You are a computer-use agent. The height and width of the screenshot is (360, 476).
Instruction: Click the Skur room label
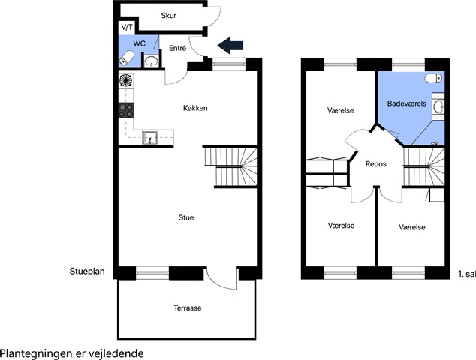pyautogui.click(x=168, y=16)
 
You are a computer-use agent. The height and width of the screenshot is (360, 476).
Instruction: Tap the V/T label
pyautogui.click(x=127, y=27)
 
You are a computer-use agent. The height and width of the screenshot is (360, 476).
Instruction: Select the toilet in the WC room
pyautogui.click(x=127, y=58)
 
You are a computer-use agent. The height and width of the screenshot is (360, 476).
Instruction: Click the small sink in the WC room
pyautogui.click(x=151, y=61)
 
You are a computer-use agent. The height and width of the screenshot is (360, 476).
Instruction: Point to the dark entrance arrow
pyautogui.click(x=230, y=46)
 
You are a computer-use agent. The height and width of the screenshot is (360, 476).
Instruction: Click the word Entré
pyautogui.click(x=178, y=48)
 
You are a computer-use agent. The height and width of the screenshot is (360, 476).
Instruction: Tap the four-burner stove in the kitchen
pyautogui.click(x=126, y=110)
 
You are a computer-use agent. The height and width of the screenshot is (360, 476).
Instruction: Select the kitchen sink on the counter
pyautogui.click(x=150, y=138)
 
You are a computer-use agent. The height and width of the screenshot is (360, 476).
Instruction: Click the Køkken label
pyautogui.click(x=195, y=108)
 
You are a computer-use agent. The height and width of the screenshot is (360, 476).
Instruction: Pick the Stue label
pyautogui.click(x=186, y=217)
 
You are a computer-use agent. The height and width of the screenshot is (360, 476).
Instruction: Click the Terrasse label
pyautogui.click(x=187, y=307)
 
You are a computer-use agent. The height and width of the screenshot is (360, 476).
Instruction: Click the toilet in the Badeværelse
pyautogui.click(x=433, y=78)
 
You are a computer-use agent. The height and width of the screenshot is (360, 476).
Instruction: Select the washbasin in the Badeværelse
pyautogui.click(x=438, y=106)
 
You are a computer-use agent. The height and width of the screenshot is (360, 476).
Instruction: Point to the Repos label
pyautogui.click(x=376, y=164)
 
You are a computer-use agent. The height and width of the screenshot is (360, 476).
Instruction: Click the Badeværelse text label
pyautogui.click(x=407, y=103)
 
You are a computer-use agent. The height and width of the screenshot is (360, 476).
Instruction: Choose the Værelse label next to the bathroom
pyautogui.click(x=341, y=110)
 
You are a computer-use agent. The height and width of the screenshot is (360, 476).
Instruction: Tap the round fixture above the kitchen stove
pyautogui.click(x=126, y=81)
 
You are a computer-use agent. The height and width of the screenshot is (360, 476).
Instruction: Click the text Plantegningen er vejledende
pyautogui.click(x=72, y=353)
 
